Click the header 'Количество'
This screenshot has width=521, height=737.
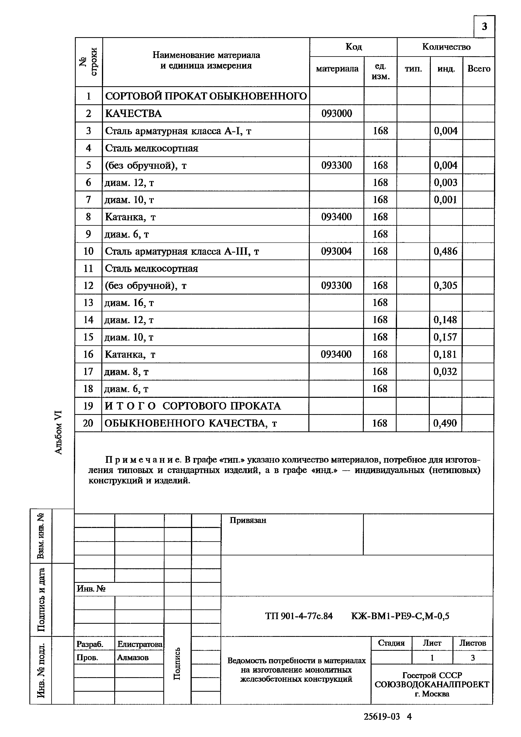(446, 47)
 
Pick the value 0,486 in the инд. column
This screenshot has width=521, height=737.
(445, 251)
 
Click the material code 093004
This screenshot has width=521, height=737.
(336, 251)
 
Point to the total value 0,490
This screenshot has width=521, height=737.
(445, 423)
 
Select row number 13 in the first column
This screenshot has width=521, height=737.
(88, 303)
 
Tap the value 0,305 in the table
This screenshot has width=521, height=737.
(445, 285)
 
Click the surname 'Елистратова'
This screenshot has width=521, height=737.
(140, 644)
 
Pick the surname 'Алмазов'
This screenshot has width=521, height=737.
(133, 657)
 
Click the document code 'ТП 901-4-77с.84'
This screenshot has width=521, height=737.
(299, 616)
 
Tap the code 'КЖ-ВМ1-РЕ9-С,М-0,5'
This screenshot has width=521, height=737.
(400, 616)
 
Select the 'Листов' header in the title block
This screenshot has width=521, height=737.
(472, 643)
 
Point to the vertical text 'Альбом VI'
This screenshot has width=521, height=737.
(58, 432)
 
